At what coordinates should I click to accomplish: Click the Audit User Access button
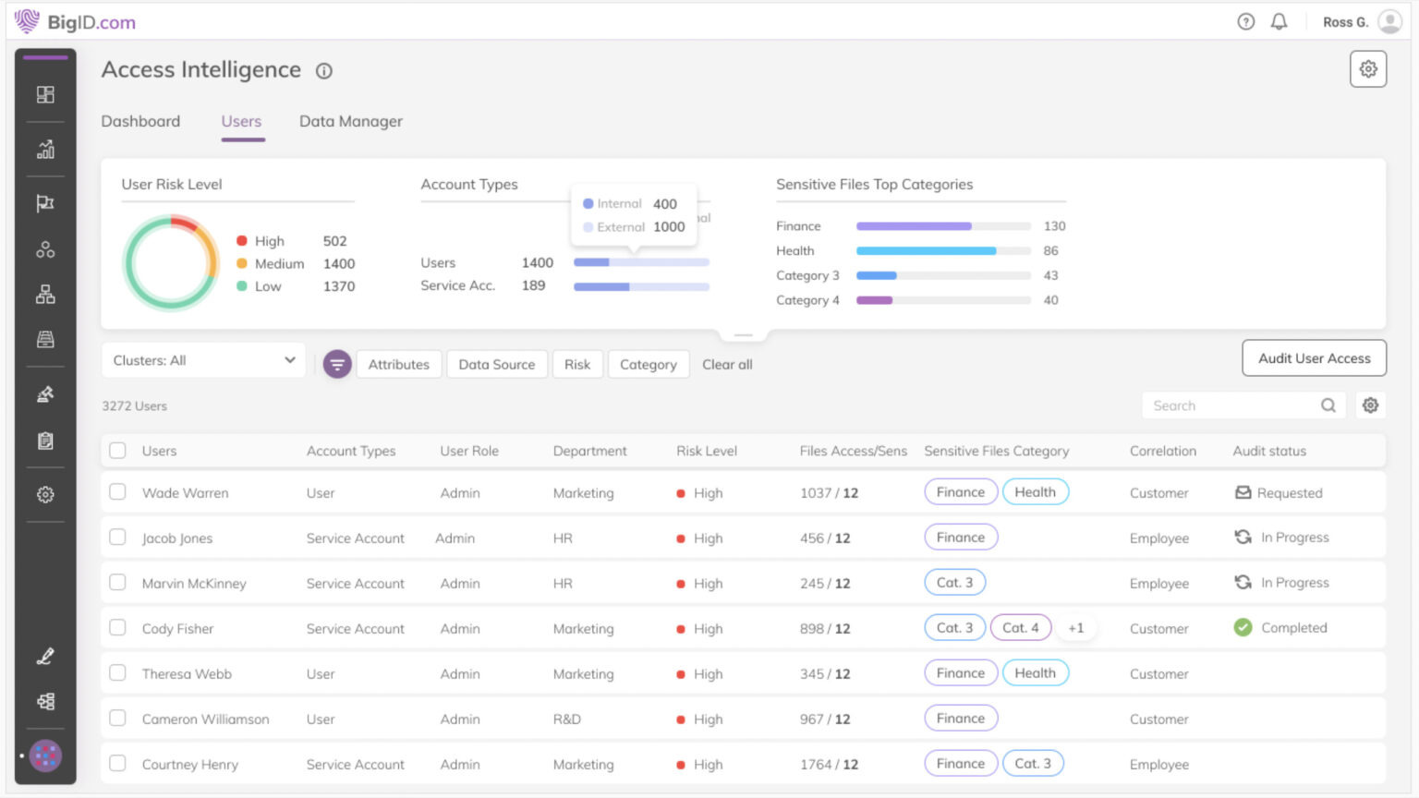click(1314, 358)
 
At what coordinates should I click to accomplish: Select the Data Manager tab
click(350, 121)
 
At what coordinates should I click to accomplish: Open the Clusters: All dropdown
click(203, 360)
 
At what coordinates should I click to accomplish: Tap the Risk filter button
click(577, 364)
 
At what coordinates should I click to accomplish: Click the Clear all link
click(727, 364)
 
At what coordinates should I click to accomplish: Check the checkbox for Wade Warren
click(117, 492)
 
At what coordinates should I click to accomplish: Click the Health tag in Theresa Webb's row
click(1035, 673)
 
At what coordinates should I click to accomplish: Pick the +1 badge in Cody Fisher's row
click(1075, 628)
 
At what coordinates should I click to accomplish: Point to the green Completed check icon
click(1243, 628)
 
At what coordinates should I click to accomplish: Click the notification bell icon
click(1279, 21)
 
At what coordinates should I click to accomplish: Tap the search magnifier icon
click(1328, 405)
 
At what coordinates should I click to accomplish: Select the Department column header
click(589, 451)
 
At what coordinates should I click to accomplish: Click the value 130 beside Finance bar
click(1054, 226)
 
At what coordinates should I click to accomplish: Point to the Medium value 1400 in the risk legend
click(339, 263)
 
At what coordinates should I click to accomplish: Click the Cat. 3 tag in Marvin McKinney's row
click(954, 583)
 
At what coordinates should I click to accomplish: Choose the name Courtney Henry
click(190, 764)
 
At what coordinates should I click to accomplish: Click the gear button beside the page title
click(1367, 69)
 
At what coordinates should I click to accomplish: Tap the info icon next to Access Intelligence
click(324, 71)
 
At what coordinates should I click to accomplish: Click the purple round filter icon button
click(337, 364)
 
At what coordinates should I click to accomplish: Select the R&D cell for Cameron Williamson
click(566, 719)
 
